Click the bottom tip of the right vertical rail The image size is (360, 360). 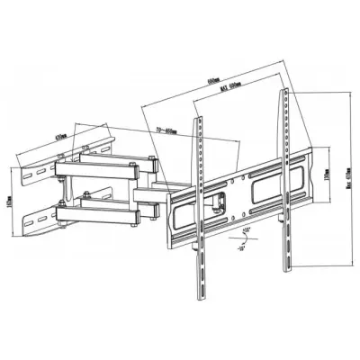pyautogui.click(x=289, y=266)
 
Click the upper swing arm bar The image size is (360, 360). pyautogui.click(x=108, y=166)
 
